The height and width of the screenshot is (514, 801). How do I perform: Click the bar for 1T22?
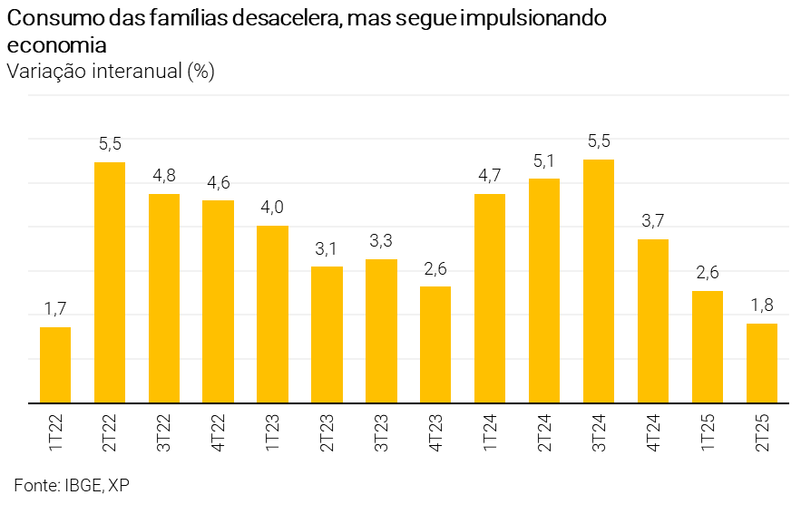tap(55, 364)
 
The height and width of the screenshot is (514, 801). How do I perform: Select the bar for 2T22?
tap(110, 282)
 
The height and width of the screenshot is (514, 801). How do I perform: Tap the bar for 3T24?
tap(599, 281)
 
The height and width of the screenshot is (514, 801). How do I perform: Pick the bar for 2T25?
tap(762, 363)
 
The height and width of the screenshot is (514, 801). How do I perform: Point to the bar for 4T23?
tap(435, 344)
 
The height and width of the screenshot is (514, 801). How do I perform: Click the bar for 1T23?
tap(272, 314)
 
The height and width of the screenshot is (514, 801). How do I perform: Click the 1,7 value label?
tap(55, 309)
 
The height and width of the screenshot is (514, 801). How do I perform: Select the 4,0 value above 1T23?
tap(272, 208)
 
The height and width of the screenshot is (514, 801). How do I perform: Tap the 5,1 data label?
tap(544, 160)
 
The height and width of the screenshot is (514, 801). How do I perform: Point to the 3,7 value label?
tap(653, 221)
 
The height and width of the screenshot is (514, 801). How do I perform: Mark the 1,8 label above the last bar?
tap(762, 305)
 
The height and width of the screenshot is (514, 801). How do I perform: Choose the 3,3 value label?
tap(381, 241)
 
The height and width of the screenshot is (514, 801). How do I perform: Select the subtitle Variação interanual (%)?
tap(110, 72)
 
